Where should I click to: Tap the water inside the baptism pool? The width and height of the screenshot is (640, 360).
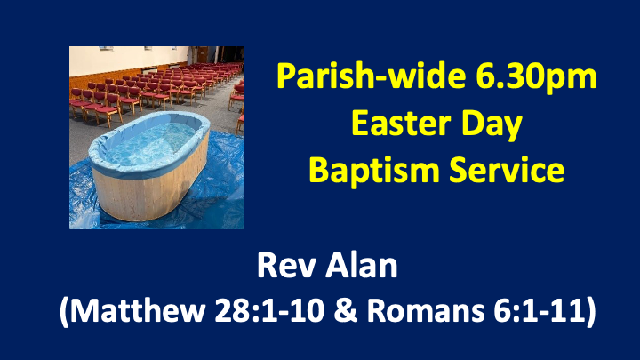[x=142, y=140]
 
